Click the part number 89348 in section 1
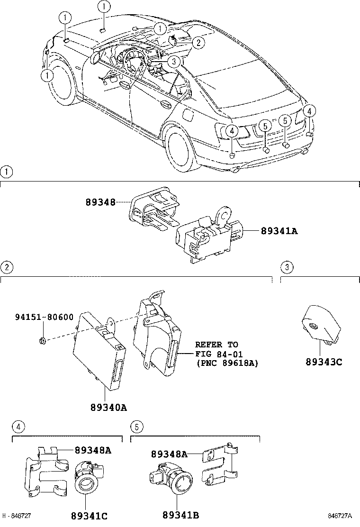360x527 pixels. click(x=100, y=202)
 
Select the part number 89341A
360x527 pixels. click(x=279, y=231)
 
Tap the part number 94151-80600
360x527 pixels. click(x=44, y=317)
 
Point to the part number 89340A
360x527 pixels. click(x=108, y=407)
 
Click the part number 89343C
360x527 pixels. click(x=324, y=363)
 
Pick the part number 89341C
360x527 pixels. click(x=90, y=516)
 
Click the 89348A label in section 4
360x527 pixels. click(x=93, y=451)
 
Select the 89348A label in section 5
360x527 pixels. click(x=169, y=454)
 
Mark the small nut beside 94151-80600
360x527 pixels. click(x=42, y=339)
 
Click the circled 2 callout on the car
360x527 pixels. click(x=198, y=43)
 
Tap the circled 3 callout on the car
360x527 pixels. click(x=174, y=61)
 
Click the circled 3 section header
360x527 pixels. click(x=287, y=267)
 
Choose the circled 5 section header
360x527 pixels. click(x=136, y=427)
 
